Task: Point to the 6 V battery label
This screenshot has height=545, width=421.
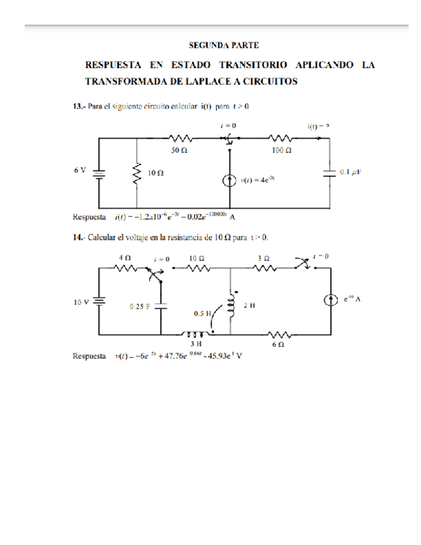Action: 80,170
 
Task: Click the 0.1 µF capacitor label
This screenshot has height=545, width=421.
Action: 352,172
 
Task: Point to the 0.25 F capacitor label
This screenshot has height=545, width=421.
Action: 139,307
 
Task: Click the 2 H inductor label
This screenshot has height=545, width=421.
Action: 249,305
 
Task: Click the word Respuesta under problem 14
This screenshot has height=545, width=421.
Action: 90,355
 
